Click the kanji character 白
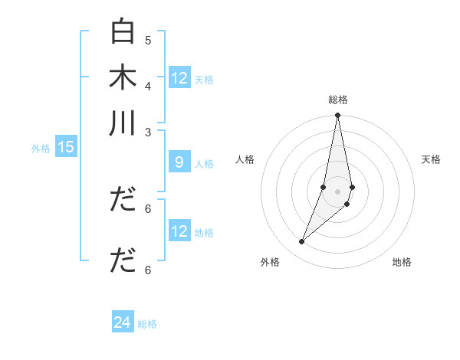(123, 32)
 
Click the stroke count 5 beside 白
(148, 40)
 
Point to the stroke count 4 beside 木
(148, 85)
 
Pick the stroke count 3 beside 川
(148, 131)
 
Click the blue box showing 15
(65, 148)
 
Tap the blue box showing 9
(179, 162)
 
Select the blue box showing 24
(123, 322)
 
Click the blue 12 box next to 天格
(179, 78)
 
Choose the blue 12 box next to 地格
(179, 231)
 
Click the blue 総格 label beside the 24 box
(147, 324)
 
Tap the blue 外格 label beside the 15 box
(41, 149)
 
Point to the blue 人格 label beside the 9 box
(204, 164)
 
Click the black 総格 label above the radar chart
(337, 100)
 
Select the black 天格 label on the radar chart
(431, 159)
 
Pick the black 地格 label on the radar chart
(402, 262)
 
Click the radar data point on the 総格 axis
(337, 116)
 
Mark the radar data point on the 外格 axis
(302, 241)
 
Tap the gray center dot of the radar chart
(337, 191)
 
